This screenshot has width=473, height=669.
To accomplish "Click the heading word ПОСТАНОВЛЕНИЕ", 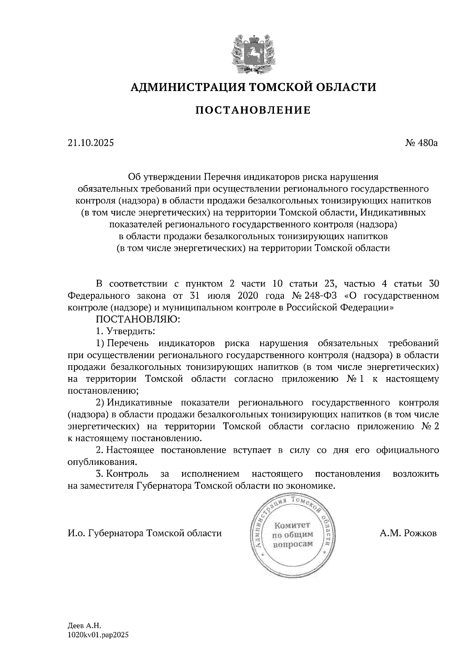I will (253, 110).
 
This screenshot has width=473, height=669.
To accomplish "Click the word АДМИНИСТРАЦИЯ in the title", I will (183, 87).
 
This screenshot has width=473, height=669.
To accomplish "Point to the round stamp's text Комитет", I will (292, 525).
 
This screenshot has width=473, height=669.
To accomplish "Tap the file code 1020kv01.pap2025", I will (99, 635).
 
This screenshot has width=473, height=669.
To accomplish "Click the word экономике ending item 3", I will (313, 486).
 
